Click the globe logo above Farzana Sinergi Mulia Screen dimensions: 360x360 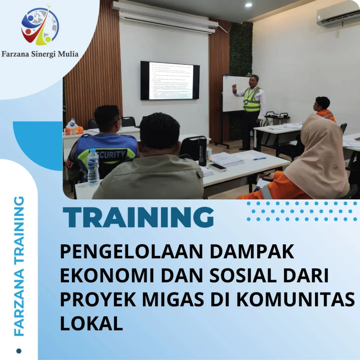coord(40,26)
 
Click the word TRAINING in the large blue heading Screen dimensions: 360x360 coord(138,218)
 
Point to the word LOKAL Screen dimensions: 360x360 coord(91,323)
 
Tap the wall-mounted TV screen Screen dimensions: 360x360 coord(170,81)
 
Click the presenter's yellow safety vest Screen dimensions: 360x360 coord(252,100)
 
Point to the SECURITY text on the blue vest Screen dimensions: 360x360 coord(112,154)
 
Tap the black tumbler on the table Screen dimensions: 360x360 coord(202,151)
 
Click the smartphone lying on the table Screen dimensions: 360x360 coord(218,167)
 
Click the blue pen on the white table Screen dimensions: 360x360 coord(259,159)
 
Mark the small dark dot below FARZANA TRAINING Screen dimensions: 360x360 coord(19,350)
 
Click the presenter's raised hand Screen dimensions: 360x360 coord(234,88)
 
